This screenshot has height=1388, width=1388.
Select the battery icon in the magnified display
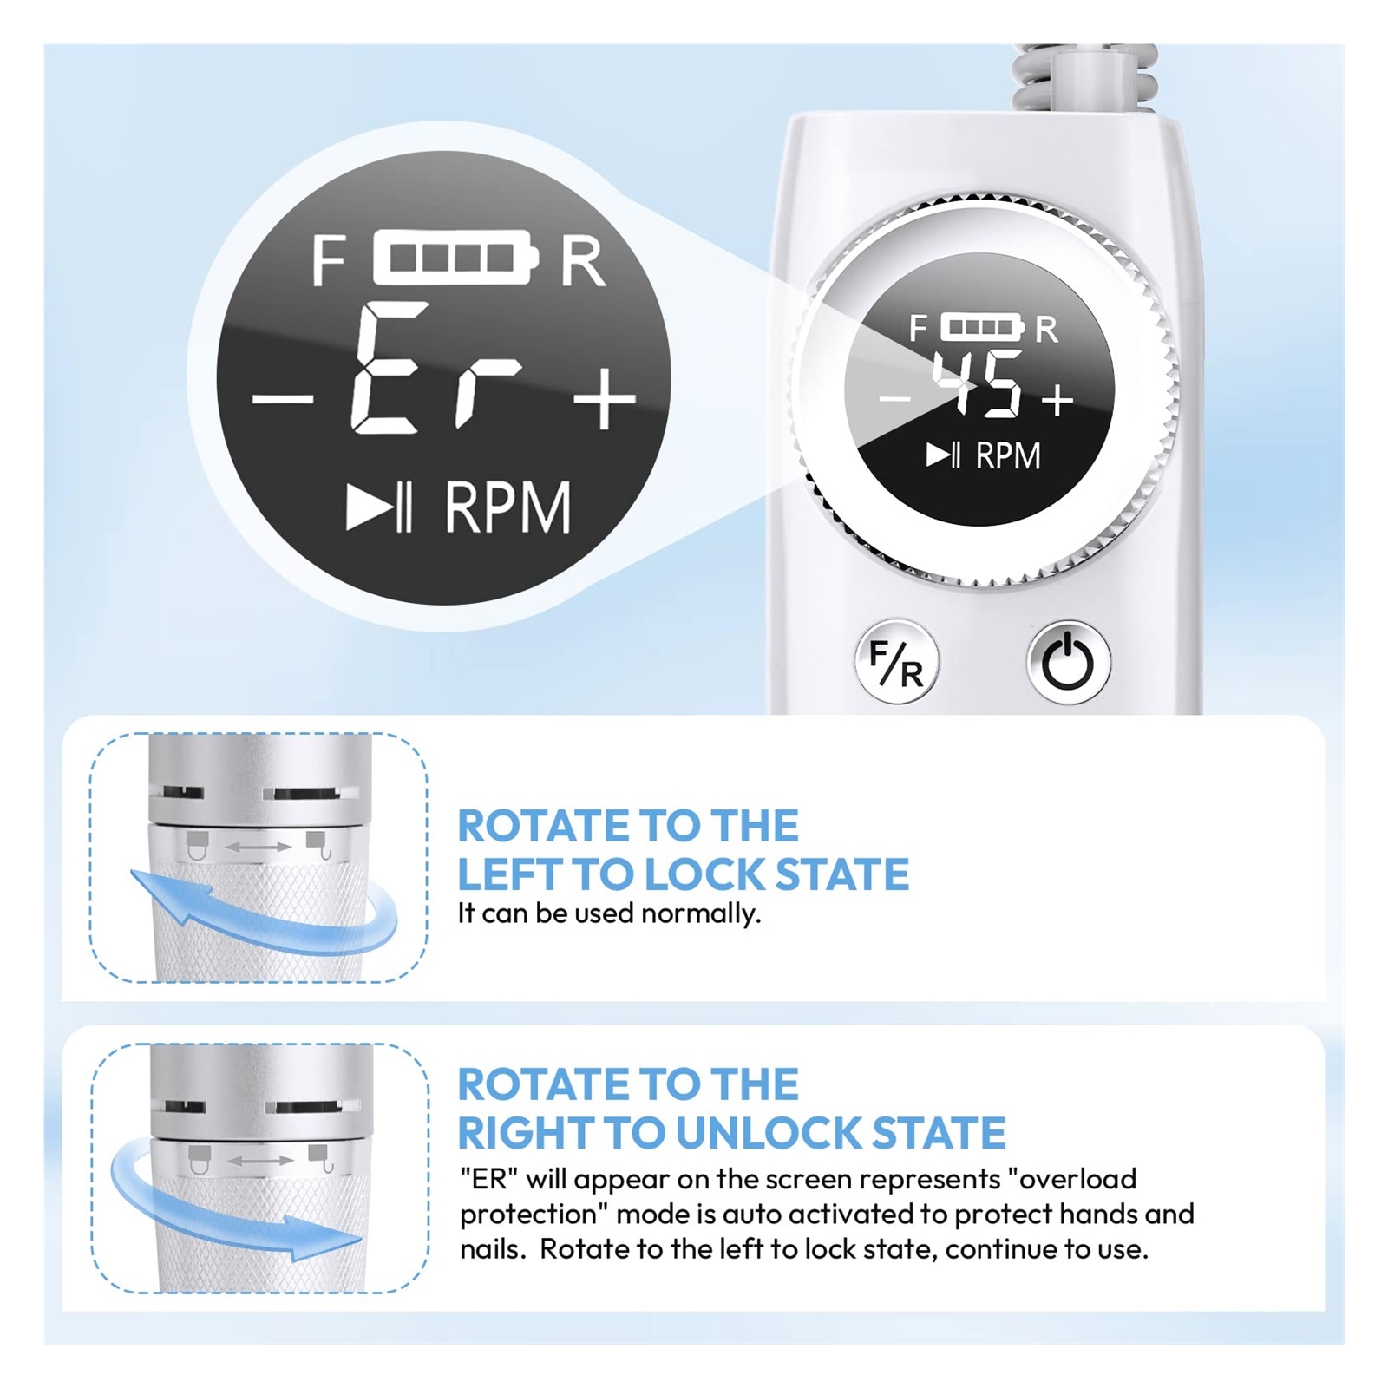coord(455,258)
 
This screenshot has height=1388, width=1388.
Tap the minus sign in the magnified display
coord(282,398)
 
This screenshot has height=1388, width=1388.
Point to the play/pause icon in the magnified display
coord(378,507)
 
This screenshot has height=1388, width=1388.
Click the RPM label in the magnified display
coord(507,507)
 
